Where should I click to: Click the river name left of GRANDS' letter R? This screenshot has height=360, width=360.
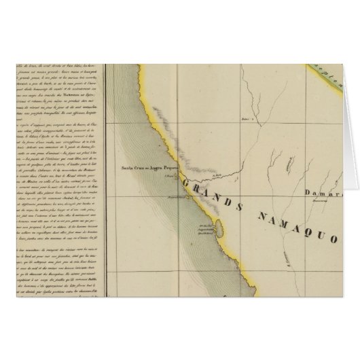[219, 175]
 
